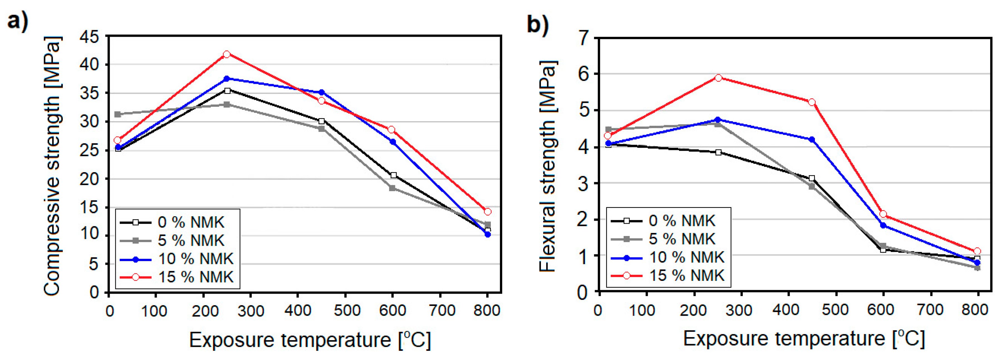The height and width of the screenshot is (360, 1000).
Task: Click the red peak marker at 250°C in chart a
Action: click(x=227, y=54)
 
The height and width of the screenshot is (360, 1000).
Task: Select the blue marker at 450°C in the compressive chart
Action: click(x=322, y=93)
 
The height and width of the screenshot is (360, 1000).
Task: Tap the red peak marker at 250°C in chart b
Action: click(x=718, y=78)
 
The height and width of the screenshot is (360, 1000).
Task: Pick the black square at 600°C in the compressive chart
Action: click(x=394, y=175)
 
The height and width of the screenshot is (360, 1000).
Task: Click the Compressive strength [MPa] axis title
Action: click(x=52, y=166)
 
